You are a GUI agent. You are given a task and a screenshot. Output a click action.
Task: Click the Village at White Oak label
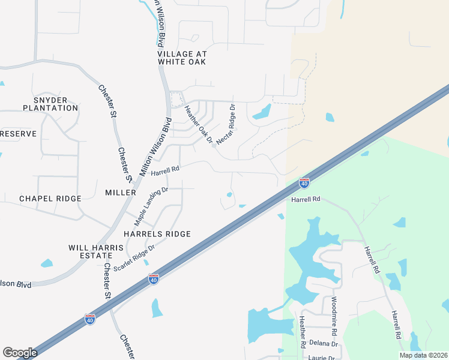[x=182, y=57]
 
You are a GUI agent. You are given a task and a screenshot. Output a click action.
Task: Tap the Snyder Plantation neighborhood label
[x=50, y=104]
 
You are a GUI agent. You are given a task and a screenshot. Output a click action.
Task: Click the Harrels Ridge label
[x=157, y=234]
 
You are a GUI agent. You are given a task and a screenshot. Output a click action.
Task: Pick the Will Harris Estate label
[x=96, y=251]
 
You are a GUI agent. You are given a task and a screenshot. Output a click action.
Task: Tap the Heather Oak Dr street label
[x=199, y=125]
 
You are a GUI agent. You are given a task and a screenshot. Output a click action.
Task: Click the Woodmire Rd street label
[x=334, y=316]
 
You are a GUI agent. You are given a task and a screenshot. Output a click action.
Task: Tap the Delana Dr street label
[x=324, y=344]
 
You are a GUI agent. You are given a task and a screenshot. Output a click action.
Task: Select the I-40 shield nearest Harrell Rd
[x=304, y=182]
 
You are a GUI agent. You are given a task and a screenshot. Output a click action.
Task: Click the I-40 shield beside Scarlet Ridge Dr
[x=154, y=279]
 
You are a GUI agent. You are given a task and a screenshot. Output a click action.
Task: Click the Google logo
[x=20, y=353]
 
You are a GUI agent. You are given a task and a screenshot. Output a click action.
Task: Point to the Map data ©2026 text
[x=423, y=355]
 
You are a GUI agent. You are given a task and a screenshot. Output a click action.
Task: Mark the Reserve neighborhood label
[x=18, y=134]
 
